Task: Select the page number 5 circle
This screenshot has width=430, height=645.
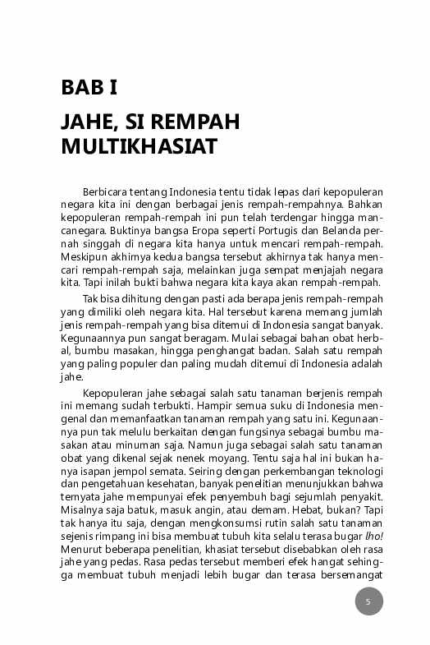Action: point(368,601)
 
